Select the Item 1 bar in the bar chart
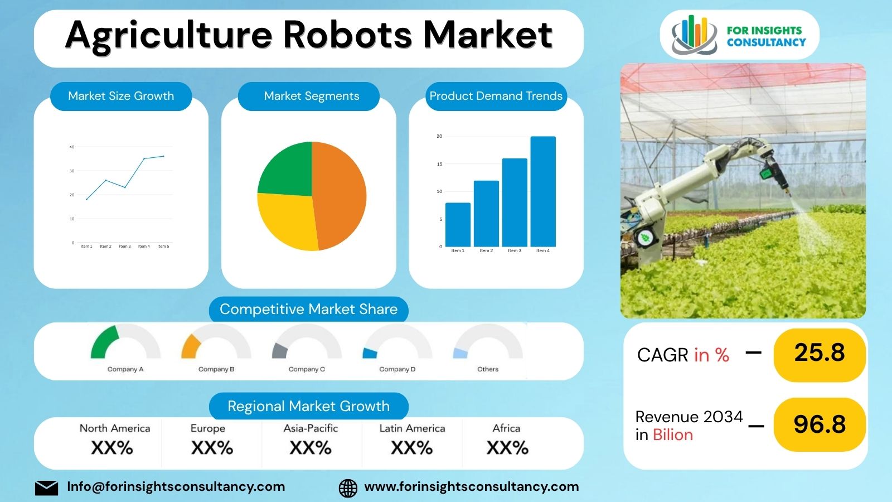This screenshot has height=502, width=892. point(458,224)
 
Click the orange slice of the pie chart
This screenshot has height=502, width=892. point(339,195)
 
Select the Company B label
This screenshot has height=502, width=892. point(216,369)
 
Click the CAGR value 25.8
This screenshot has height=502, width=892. point(819,353)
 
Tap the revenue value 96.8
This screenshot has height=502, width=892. point(819,424)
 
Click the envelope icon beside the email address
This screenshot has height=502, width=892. point(46,487)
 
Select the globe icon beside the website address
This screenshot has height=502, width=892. point(348,487)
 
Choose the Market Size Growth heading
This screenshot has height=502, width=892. point(121,96)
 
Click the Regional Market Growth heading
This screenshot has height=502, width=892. point(308,406)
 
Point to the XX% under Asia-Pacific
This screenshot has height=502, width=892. point(311,448)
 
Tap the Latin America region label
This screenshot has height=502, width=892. point(412,428)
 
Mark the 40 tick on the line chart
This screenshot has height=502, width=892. point(72,147)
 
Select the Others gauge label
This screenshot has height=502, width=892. point(488,369)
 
